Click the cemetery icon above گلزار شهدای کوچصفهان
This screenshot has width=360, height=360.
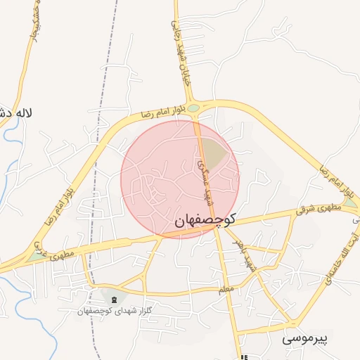coord(115,299)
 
